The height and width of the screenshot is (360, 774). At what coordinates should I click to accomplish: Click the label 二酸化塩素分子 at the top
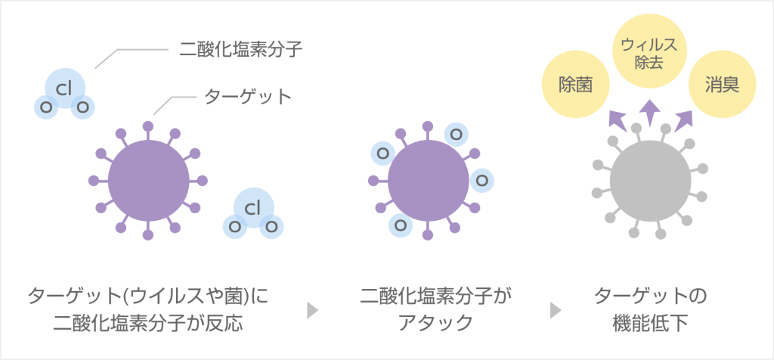pyautogui.click(x=240, y=49)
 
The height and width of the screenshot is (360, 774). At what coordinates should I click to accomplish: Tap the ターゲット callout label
pyautogui.click(x=248, y=97)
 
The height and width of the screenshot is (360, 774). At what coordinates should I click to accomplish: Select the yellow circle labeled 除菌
pyautogui.click(x=575, y=84)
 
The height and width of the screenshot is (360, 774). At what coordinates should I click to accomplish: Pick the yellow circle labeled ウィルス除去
pyautogui.click(x=649, y=54)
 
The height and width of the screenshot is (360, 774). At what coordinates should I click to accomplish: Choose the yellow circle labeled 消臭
pyautogui.click(x=722, y=85)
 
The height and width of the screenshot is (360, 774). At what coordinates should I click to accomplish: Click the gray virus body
pyautogui.click(x=650, y=182)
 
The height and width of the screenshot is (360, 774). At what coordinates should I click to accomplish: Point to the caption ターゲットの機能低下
pyautogui.click(x=650, y=309)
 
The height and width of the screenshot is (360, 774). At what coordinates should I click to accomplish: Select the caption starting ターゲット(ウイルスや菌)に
pyautogui.click(x=149, y=309)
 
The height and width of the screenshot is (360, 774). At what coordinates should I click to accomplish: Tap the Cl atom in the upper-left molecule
pyautogui.click(x=65, y=88)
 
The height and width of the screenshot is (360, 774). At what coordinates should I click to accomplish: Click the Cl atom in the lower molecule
pyautogui.click(x=253, y=209)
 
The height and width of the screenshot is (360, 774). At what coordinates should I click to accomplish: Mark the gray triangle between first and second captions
pyautogui.click(x=312, y=311)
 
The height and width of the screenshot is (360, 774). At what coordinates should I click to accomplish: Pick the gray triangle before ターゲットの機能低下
pyautogui.click(x=556, y=311)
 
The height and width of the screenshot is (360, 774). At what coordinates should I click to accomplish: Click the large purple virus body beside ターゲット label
pyautogui.click(x=149, y=181)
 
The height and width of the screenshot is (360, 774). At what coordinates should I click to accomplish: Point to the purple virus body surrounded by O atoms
pyautogui.click(x=428, y=181)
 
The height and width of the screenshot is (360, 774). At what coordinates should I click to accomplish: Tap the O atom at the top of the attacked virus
pyautogui.click(x=456, y=134)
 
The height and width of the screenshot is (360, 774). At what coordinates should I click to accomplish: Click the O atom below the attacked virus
pyautogui.click(x=401, y=225)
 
